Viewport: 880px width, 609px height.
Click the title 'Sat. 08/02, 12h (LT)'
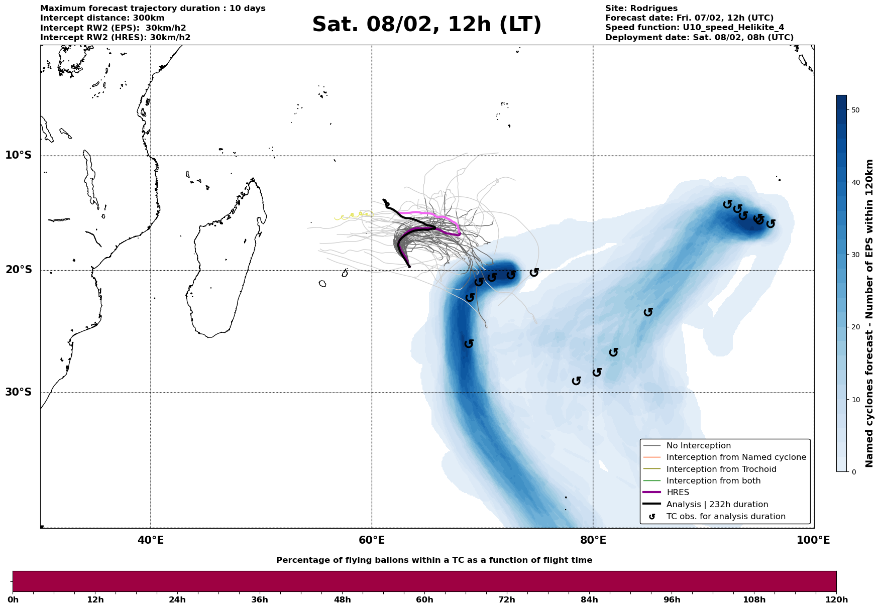(426, 25)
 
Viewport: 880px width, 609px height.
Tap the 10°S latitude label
(19, 155)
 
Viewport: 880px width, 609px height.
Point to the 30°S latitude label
(19, 392)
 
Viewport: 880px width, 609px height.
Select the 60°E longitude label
(372, 541)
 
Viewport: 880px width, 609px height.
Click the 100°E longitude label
(813, 541)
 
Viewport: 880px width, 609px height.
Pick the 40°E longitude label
(151, 541)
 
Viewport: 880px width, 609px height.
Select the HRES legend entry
(678, 493)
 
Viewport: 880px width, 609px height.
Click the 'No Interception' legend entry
(698, 446)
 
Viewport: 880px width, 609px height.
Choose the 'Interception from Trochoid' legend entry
(721, 469)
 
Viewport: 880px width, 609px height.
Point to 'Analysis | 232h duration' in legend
(717, 505)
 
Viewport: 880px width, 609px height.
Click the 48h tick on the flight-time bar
(342, 599)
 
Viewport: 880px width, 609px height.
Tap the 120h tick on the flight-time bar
(836, 599)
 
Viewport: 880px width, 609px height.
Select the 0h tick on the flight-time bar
(13, 599)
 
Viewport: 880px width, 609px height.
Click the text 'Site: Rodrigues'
(641, 9)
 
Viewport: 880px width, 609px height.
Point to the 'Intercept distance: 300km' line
(102, 18)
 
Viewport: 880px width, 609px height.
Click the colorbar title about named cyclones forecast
(869, 313)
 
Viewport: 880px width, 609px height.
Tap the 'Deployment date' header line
(699, 38)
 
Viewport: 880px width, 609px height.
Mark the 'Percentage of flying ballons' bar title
(434, 560)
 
